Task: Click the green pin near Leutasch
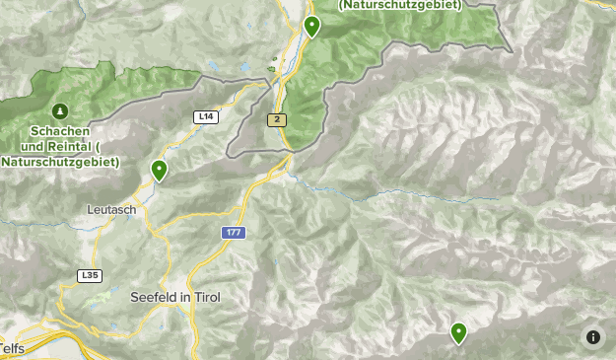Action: point(159,171)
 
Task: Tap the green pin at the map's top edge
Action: point(311,26)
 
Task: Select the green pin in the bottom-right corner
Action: point(458,332)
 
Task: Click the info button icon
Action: point(592,336)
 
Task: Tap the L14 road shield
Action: point(205,116)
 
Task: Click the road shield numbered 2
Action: point(278,119)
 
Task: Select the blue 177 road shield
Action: point(233,233)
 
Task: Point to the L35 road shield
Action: point(90,275)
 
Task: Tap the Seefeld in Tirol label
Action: point(175,296)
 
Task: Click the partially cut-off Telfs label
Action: point(11,349)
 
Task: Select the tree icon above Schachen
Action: point(60,110)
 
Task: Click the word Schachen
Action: point(60,131)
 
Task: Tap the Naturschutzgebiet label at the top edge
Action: point(400,5)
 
